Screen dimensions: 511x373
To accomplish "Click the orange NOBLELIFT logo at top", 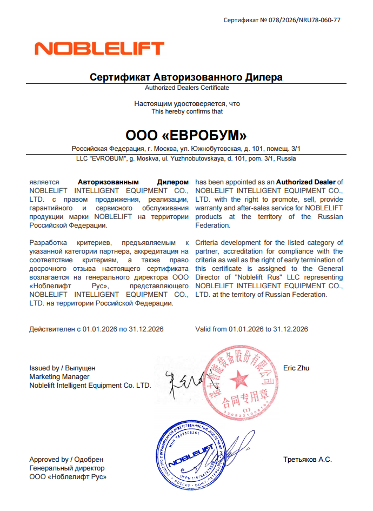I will click(99, 48).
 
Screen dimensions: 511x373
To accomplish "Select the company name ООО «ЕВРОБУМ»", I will click(186, 135).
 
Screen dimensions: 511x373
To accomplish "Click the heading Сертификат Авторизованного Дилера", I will click(186, 77).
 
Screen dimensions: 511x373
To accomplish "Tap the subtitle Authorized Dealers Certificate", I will click(186, 88).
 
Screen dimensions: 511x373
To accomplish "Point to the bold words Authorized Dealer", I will click(306, 182).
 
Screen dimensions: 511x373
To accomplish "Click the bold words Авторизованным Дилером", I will click(133, 182).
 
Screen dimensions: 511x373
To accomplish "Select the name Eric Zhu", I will click(296, 368).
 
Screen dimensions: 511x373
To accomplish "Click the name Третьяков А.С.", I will click(307, 460).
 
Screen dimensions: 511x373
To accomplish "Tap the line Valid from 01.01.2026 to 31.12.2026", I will click(251, 329).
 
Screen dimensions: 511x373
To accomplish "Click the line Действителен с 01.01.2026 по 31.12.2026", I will click(96, 329).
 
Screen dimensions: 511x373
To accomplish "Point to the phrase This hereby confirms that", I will click(186, 111).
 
